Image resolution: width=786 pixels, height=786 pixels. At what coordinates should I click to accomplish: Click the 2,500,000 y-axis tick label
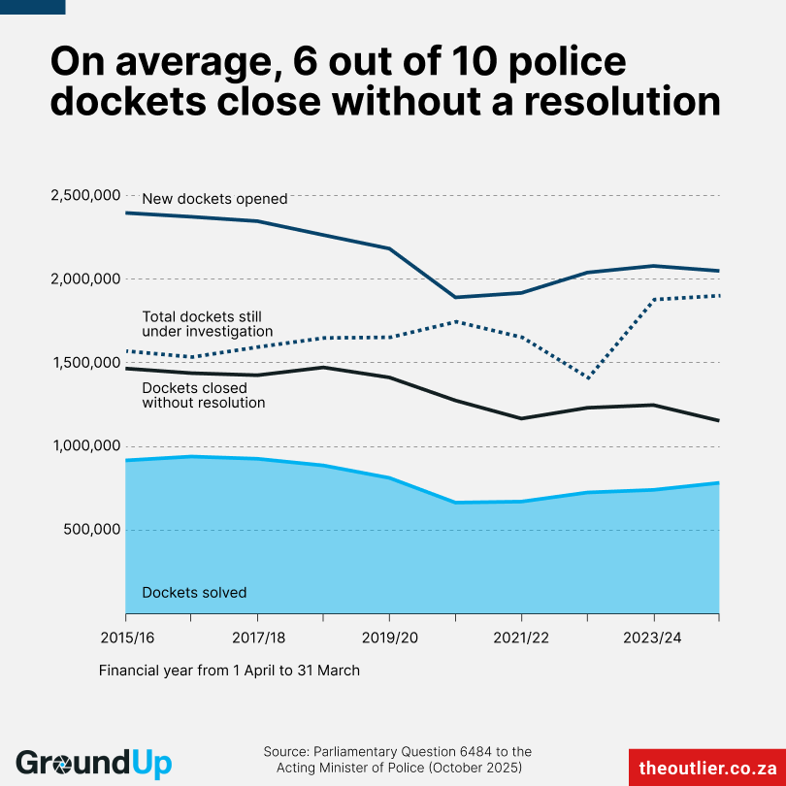(x=82, y=196)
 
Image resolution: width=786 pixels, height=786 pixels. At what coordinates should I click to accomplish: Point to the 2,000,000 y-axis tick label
(x=82, y=279)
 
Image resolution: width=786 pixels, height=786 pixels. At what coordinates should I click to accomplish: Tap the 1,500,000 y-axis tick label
(x=82, y=363)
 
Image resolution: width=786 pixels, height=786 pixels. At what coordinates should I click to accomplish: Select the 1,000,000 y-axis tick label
(x=82, y=446)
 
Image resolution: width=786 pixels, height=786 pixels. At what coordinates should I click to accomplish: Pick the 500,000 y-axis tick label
(x=89, y=530)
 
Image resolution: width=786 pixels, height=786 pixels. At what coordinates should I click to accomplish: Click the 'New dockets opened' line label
(x=214, y=199)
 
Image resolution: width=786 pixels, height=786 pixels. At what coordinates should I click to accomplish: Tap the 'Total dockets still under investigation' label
(x=207, y=324)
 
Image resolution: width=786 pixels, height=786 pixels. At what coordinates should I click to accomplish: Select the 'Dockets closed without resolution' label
(x=204, y=395)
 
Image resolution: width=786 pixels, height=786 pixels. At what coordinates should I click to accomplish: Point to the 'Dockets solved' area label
(x=194, y=592)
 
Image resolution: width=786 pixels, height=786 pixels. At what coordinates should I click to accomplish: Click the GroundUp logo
(x=93, y=762)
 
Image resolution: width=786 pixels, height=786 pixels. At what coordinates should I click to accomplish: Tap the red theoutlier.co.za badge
(x=706, y=767)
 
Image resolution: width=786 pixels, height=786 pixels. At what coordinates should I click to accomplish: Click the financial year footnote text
(x=229, y=671)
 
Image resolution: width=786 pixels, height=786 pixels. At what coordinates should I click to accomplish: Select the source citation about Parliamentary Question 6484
(x=398, y=760)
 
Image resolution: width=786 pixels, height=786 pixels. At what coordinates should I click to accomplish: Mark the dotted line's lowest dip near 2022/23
(x=588, y=378)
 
